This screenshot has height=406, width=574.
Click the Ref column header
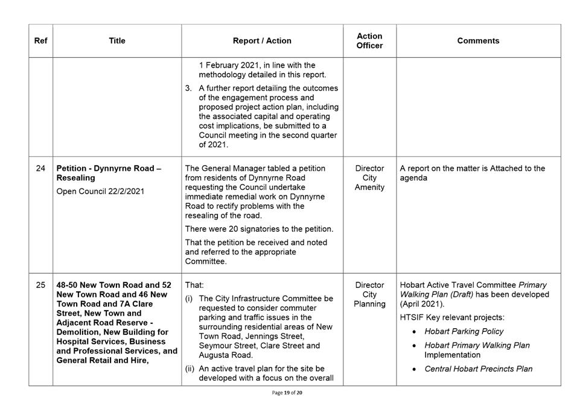[x=40, y=41]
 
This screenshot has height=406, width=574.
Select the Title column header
[x=117, y=41]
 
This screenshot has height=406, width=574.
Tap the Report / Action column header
[x=262, y=41]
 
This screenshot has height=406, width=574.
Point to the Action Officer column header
[x=369, y=41]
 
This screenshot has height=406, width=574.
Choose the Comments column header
[x=478, y=41]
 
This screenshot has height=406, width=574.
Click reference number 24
[x=40, y=168]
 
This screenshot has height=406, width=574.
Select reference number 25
[x=40, y=285]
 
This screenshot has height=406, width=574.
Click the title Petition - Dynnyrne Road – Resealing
[x=109, y=173]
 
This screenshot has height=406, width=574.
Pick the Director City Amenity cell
[x=369, y=178]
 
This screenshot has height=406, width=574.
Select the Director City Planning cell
[x=369, y=294]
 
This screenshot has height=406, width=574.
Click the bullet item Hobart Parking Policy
[x=464, y=331]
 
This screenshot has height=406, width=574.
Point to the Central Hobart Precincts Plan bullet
[x=478, y=369]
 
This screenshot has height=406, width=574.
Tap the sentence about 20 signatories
[x=259, y=229]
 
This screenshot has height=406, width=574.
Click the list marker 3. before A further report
[x=189, y=88]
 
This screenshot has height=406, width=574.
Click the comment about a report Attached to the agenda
[x=472, y=173]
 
